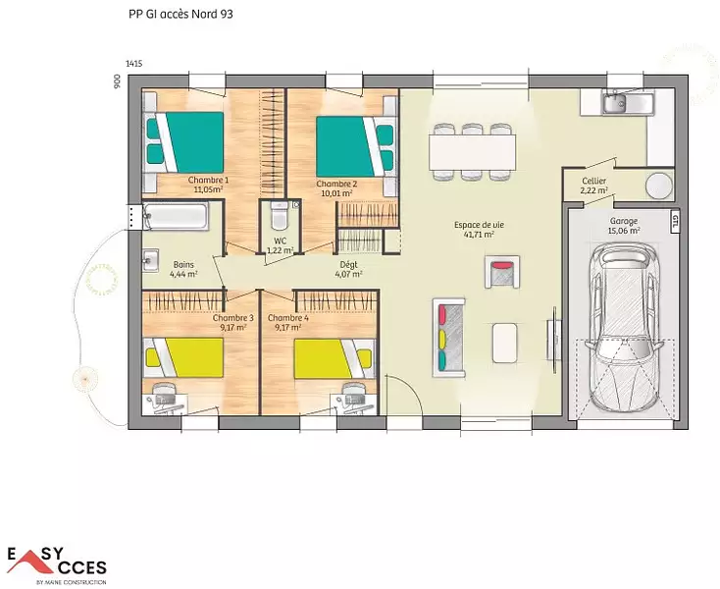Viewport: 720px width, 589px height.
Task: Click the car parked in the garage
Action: (x=625, y=328)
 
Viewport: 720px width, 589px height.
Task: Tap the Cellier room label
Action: (x=593, y=181)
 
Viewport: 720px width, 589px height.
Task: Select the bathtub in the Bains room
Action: (x=175, y=216)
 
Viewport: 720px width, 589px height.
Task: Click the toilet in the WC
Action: (x=279, y=215)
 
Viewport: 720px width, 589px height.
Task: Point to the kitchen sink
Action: (x=614, y=103)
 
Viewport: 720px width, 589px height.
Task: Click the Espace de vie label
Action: (x=479, y=225)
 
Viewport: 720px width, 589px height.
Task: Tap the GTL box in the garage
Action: (x=675, y=223)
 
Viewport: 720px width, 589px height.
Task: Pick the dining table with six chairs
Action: (x=472, y=151)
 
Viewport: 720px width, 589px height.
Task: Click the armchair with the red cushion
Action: (x=502, y=272)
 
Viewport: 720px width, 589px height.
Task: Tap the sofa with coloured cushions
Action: (x=448, y=338)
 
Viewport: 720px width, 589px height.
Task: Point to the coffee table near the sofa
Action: (x=504, y=343)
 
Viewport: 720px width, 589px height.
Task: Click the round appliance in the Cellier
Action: (x=659, y=186)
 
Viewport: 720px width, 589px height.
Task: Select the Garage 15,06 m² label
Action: (x=624, y=226)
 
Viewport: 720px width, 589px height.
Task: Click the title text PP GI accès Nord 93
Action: (x=180, y=15)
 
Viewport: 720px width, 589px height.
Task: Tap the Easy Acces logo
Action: (x=57, y=564)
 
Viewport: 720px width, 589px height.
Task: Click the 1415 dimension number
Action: (x=133, y=64)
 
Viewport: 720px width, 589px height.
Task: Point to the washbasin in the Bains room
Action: (x=150, y=260)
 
